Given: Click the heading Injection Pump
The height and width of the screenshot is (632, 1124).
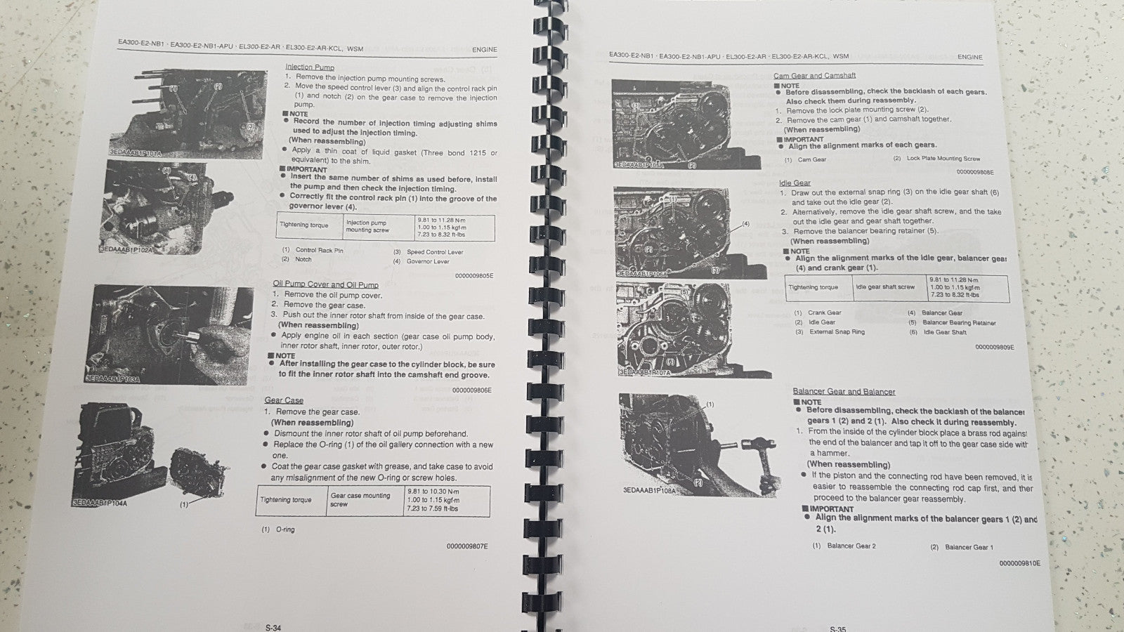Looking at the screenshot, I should tap(309, 67).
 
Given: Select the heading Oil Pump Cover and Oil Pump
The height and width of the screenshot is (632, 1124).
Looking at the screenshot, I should tap(325, 284).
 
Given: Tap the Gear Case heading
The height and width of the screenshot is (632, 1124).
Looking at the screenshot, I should tap(284, 400).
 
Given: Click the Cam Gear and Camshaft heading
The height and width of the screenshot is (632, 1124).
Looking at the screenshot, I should tap(813, 76).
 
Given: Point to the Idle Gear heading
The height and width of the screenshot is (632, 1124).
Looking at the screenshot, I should tap(795, 183).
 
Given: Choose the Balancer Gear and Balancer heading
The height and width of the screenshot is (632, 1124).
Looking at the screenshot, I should tap(843, 391).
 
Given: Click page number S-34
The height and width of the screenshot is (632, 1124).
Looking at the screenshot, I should tap(273, 628).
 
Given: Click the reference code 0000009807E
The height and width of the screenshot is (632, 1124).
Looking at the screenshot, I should tap(466, 546).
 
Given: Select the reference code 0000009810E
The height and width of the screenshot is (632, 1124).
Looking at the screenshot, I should tap(1019, 563).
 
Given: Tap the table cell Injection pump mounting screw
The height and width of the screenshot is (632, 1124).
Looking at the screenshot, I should tap(367, 226).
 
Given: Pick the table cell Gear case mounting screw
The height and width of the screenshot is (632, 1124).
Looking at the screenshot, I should tap(360, 499).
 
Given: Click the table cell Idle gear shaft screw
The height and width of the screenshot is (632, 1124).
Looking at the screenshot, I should tap(885, 287).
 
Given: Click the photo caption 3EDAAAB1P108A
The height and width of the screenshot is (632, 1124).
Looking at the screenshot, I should tap(648, 490).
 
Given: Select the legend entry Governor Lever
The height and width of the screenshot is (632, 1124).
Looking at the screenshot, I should tap(428, 261).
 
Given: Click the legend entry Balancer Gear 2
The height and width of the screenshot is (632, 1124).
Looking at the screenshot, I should tap(851, 546).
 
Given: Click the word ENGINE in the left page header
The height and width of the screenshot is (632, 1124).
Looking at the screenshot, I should tap(484, 50).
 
